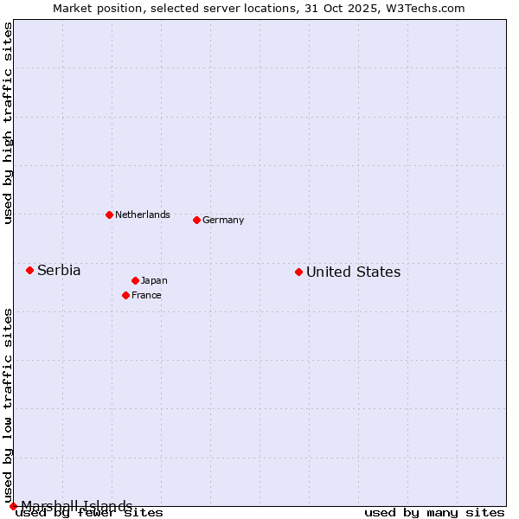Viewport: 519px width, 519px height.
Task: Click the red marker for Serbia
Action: (29, 270)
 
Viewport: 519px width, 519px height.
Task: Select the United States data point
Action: (298, 272)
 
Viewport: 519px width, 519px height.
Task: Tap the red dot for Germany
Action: (196, 220)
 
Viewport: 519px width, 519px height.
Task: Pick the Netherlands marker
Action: (109, 215)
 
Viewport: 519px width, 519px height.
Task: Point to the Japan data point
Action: (135, 280)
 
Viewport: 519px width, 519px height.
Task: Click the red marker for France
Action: (125, 295)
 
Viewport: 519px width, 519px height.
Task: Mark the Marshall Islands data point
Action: (13, 506)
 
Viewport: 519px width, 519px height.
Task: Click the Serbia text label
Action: (59, 270)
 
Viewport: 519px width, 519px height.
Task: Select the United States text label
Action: (353, 272)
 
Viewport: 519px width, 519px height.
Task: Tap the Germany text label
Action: (223, 220)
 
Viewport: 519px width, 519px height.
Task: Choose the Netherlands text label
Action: (143, 215)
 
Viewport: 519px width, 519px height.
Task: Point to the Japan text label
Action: (154, 280)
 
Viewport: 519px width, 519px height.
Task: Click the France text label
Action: (146, 295)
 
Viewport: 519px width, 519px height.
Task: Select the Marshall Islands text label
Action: (77, 506)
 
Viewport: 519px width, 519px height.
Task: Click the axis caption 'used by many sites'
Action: (434, 513)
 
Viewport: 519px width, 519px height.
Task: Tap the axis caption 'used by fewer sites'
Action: (89, 513)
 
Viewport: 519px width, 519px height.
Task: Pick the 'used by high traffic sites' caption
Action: (8, 123)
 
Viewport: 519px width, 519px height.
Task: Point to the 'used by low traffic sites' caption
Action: (8, 405)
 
